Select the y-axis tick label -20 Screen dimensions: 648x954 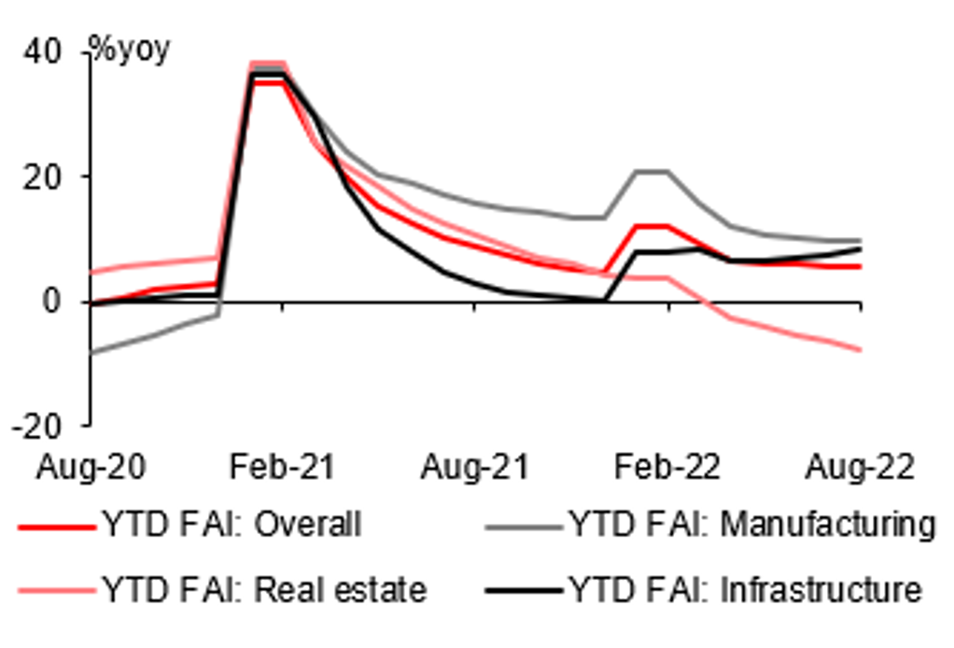coord(41,425)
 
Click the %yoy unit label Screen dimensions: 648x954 coord(131,49)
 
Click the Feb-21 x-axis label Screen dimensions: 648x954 coord(284,466)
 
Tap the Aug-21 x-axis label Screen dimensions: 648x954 coord(474,466)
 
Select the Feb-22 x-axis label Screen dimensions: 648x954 coord(668,466)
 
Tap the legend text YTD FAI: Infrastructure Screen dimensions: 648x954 coord(745,589)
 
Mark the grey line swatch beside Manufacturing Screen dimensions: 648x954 coord(524,526)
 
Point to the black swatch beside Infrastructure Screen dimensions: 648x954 coord(524,590)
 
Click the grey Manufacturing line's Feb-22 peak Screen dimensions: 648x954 coord(650,171)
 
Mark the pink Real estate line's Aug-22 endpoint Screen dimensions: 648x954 coord(859,350)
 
